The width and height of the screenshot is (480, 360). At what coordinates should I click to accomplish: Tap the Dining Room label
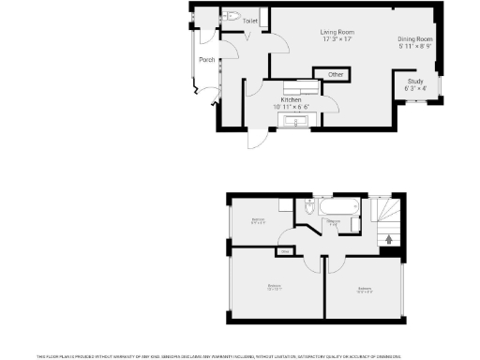coord(414,38)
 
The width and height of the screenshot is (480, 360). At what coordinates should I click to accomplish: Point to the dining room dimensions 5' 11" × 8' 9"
coord(414,46)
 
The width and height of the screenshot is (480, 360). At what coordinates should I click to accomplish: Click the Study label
coord(414,82)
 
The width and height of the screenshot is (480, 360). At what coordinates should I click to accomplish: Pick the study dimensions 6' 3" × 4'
coord(414,89)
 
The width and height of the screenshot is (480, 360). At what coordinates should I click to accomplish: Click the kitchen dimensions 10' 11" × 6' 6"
coord(292,107)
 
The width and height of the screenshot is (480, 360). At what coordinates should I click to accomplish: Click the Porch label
coord(206,60)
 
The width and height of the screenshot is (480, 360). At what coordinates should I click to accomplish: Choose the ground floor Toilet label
coord(250,20)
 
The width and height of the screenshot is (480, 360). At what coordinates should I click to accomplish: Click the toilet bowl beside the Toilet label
coord(232,16)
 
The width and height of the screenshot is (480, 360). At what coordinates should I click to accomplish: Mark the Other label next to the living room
coord(335,74)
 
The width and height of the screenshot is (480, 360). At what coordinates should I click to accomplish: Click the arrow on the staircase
coord(389,239)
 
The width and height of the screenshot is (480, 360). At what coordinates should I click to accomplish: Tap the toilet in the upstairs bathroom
coord(310,209)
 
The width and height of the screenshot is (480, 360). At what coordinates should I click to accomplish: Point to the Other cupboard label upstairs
coord(284,251)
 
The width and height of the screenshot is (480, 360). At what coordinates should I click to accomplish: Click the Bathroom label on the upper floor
coord(333,221)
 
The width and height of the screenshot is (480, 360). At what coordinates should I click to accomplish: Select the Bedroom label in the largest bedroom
coord(275,287)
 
